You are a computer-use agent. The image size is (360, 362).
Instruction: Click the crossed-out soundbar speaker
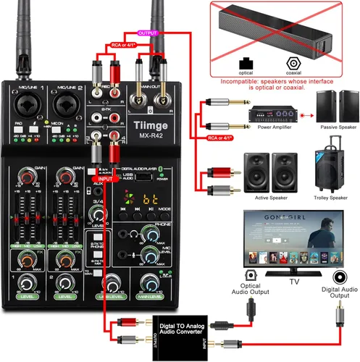[x=282, y=29]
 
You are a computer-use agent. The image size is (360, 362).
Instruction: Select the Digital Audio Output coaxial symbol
[x=339, y=276]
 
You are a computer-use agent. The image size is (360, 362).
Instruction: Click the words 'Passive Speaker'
[x=337, y=126]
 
